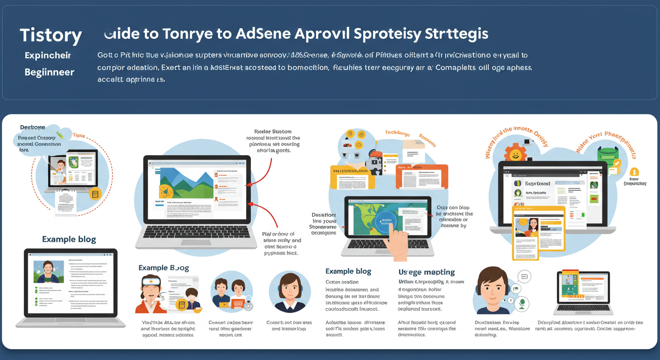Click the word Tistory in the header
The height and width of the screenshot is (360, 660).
[51, 35]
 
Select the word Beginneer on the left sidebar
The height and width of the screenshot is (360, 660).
[49, 72]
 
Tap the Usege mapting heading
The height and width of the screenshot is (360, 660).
[426, 272]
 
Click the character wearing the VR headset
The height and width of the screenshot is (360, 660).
[151, 293]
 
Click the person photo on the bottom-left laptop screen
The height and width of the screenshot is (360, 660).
[49, 271]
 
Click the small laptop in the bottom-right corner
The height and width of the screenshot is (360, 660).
[583, 293]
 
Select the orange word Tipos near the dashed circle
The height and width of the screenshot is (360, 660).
[79, 135]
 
